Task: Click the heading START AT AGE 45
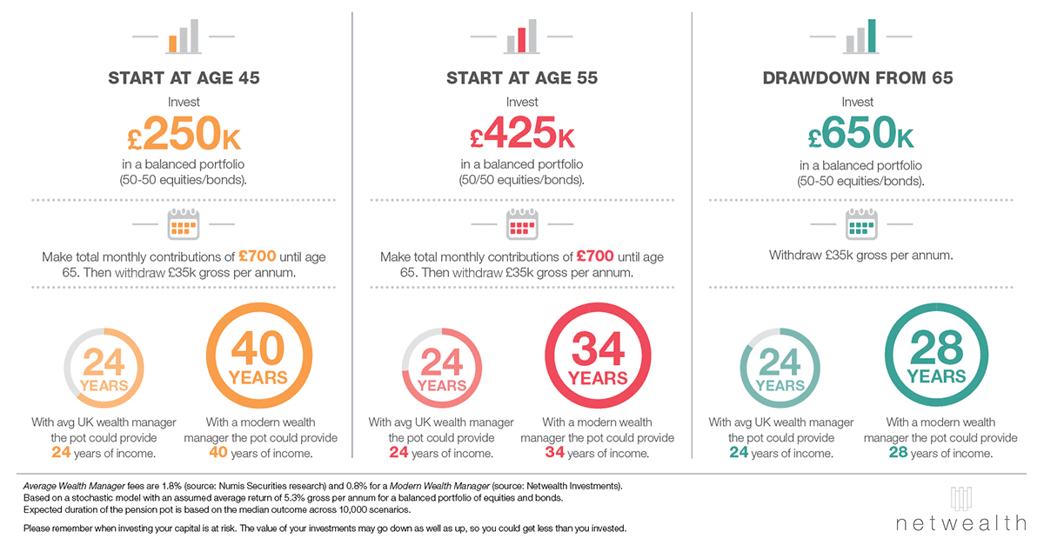184,78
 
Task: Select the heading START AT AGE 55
522,78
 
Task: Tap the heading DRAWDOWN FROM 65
858,78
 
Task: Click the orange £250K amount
184,135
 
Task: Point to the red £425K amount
522,135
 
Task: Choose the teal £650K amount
860,135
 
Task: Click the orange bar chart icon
184,37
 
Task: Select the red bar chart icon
522,37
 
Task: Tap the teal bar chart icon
860,37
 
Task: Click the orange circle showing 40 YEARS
258,358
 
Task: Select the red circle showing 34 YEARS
597,358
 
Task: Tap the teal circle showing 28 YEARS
936,358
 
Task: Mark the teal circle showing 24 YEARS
780,369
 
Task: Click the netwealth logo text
960,522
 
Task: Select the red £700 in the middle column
595,257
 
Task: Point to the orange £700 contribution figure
257,257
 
